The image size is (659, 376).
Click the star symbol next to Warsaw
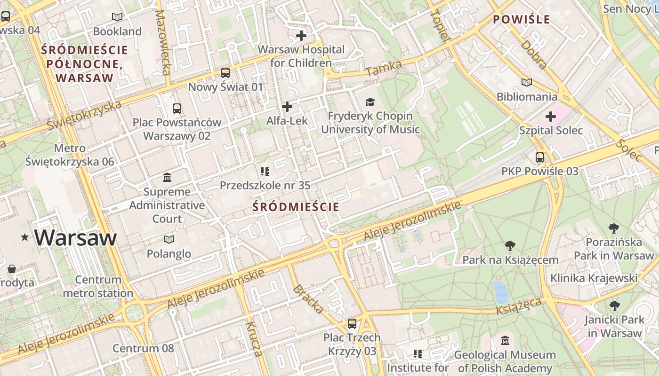pyautogui.click(x=24, y=238)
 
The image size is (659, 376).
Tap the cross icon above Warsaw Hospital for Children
pyautogui.click(x=301, y=36)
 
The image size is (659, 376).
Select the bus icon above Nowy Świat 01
pyautogui.click(x=225, y=73)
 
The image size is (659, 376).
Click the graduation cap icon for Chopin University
pyautogui.click(x=370, y=102)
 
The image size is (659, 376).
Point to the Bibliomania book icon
pyautogui.click(x=527, y=83)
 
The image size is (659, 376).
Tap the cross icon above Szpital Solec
pyautogui.click(x=551, y=117)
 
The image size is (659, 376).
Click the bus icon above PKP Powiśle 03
pyautogui.click(x=540, y=157)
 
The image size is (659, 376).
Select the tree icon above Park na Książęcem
pyautogui.click(x=510, y=246)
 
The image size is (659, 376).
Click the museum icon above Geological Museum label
pyautogui.click(x=505, y=341)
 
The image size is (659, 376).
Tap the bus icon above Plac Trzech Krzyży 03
pyautogui.click(x=352, y=324)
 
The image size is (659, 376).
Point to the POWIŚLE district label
pyautogui.click(x=521, y=19)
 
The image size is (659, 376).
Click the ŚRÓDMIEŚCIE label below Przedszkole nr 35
pyautogui.click(x=296, y=207)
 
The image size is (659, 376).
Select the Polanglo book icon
pyautogui.click(x=169, y=240)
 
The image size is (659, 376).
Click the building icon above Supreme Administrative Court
pyautogui.click(x=167, y=178)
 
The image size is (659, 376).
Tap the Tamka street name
pyautogui.click(x=383, y=69)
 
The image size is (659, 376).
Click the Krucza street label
pyautogui.click(x=253, y=339)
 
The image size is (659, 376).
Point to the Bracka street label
pyautogui.click(x=308, y=299)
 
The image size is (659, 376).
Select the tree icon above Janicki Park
pyautogui.click(x=614, y=306)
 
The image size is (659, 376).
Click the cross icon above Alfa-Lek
pyautogui.click(x=287, y=107)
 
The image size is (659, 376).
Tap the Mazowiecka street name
pyautogui.click(x=163, y=42)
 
